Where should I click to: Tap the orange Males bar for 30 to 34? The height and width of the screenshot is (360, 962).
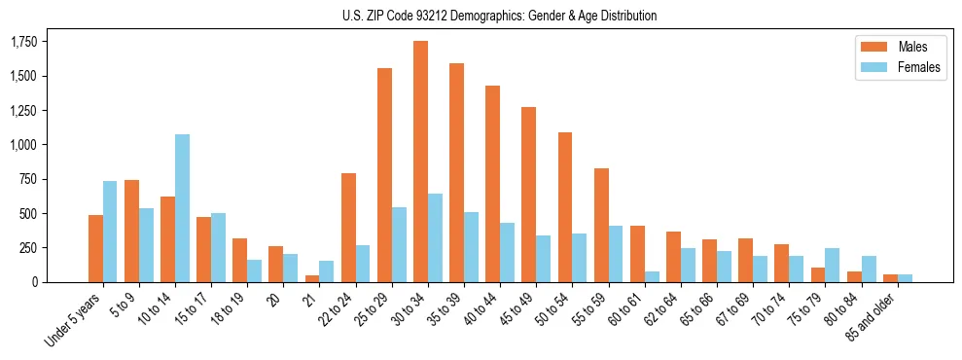click(x=420, y=162)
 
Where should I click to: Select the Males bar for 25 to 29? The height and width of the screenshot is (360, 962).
click(x=384, y=175)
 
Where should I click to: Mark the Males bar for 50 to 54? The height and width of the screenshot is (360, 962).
click(x=565, y=207)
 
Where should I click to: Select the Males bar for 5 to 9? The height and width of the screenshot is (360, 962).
click(x=131, y=231)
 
